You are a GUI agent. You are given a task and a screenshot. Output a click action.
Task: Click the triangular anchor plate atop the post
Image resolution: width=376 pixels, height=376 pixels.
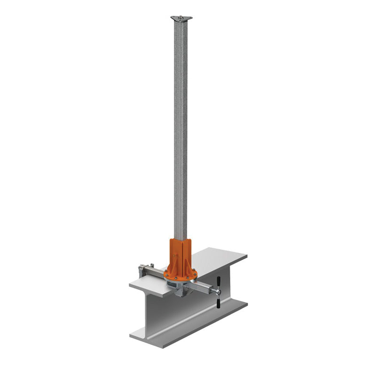click(x=181, y=19)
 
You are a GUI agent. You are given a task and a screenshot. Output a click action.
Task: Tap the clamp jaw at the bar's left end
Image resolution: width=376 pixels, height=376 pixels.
click(x=142, y=271)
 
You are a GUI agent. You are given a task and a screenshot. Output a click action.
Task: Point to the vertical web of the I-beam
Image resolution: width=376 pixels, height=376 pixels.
click(x=164, y=315)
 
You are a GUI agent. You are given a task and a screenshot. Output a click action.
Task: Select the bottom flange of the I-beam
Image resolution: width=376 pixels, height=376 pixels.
click(x=188, y=324)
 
